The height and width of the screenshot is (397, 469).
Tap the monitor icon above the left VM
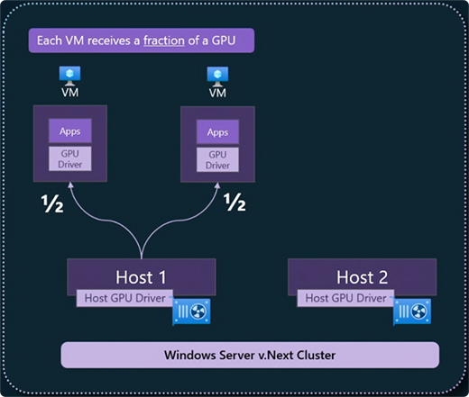coord(69,74)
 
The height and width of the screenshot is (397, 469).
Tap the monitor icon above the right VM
coord(217,74)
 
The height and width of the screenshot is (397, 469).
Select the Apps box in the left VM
coord(69,131)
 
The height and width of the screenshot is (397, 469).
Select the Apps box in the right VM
coord(217,131)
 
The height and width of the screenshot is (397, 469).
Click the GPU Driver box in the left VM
coord(69,158)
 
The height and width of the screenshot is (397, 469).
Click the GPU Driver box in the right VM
coord(217,158)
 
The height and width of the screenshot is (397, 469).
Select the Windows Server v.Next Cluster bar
coord(249,355)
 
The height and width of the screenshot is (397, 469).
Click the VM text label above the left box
coord(69,92)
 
